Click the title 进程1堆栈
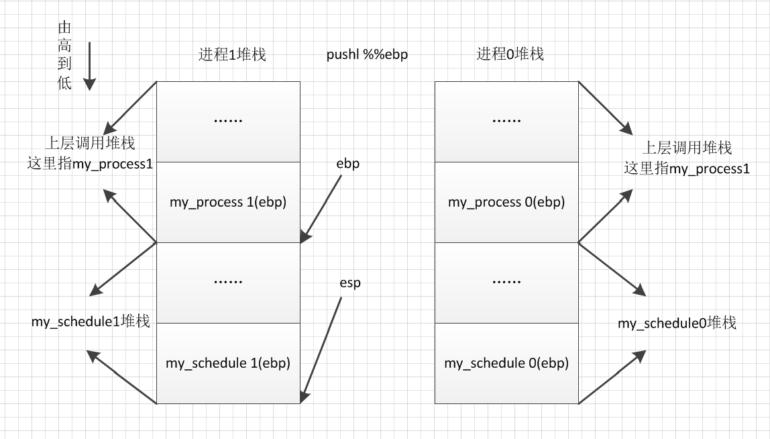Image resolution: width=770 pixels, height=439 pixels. [232, 55]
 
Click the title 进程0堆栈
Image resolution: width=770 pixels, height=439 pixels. [510, 54]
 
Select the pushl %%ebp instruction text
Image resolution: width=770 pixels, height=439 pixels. [367, 55]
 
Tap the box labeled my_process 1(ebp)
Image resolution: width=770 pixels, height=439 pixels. [228, 202]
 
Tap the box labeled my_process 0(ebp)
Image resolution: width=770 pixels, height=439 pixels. [506, 202]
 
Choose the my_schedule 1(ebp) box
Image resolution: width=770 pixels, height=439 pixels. [228, 363]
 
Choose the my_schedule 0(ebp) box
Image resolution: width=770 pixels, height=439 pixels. [506, 363]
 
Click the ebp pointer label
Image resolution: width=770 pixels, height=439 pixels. [348, 163]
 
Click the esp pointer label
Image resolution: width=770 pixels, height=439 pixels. [350, 283]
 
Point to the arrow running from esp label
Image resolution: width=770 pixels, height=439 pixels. [321, 349]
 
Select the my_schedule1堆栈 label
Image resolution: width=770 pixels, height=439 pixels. [90, 322]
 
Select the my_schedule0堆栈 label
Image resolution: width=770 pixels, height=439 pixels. [677, 323]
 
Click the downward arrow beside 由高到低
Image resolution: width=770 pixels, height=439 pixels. [89, 65]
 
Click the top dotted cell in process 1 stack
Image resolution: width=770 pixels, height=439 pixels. [228, 121]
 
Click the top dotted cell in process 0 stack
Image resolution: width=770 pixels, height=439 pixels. [506, 121]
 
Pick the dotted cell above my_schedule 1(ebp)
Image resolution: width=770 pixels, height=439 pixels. [228, 283]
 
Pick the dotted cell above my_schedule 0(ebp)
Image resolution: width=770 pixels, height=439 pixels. [506, 283]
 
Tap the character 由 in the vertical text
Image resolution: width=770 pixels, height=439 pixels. [65, 28]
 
